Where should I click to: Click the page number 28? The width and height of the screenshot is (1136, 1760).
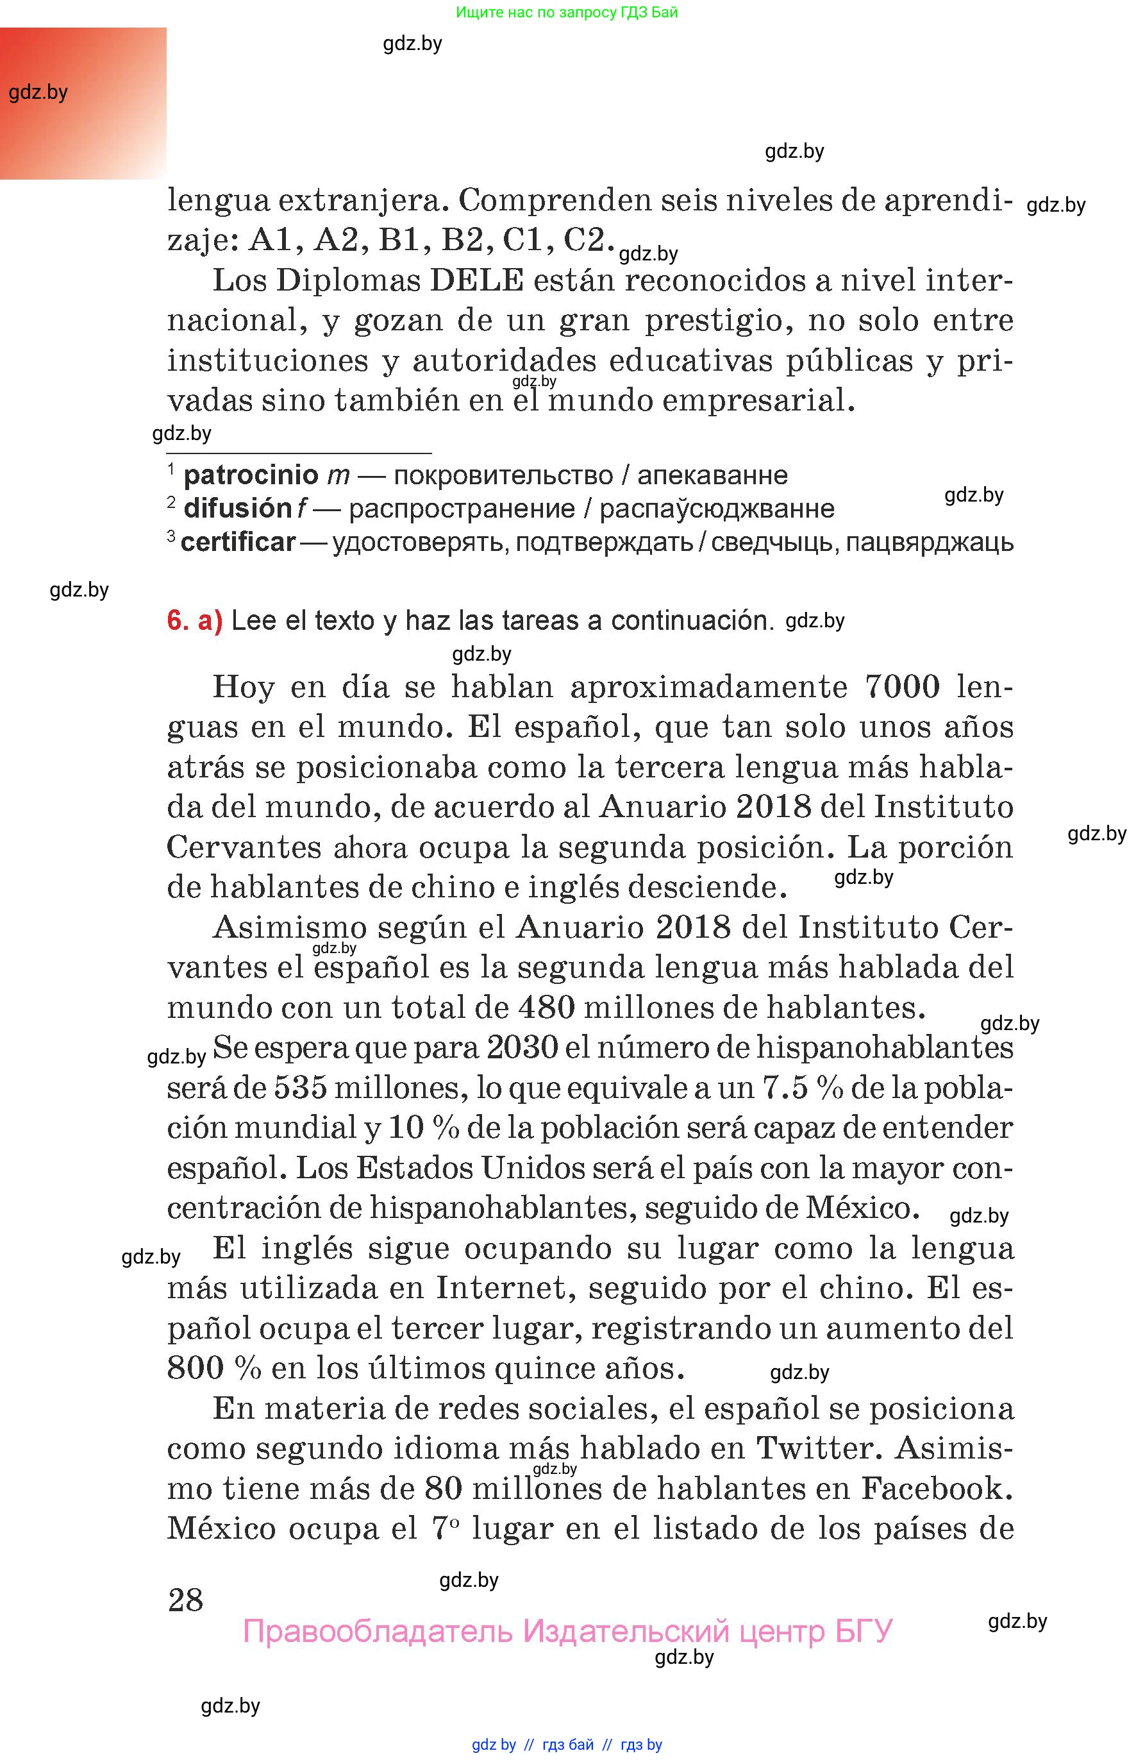185,1600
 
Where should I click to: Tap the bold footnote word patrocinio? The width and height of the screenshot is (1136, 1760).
251,475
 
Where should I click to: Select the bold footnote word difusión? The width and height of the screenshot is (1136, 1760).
238,508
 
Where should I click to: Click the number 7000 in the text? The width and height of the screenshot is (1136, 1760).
901,686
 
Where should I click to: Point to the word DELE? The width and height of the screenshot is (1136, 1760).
476,280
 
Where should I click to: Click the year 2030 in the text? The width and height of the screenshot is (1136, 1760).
522,1047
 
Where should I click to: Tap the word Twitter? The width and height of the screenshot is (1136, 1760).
819,1448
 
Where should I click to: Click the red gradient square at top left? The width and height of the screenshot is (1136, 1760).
83,103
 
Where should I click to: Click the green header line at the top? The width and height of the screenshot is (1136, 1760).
567,12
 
